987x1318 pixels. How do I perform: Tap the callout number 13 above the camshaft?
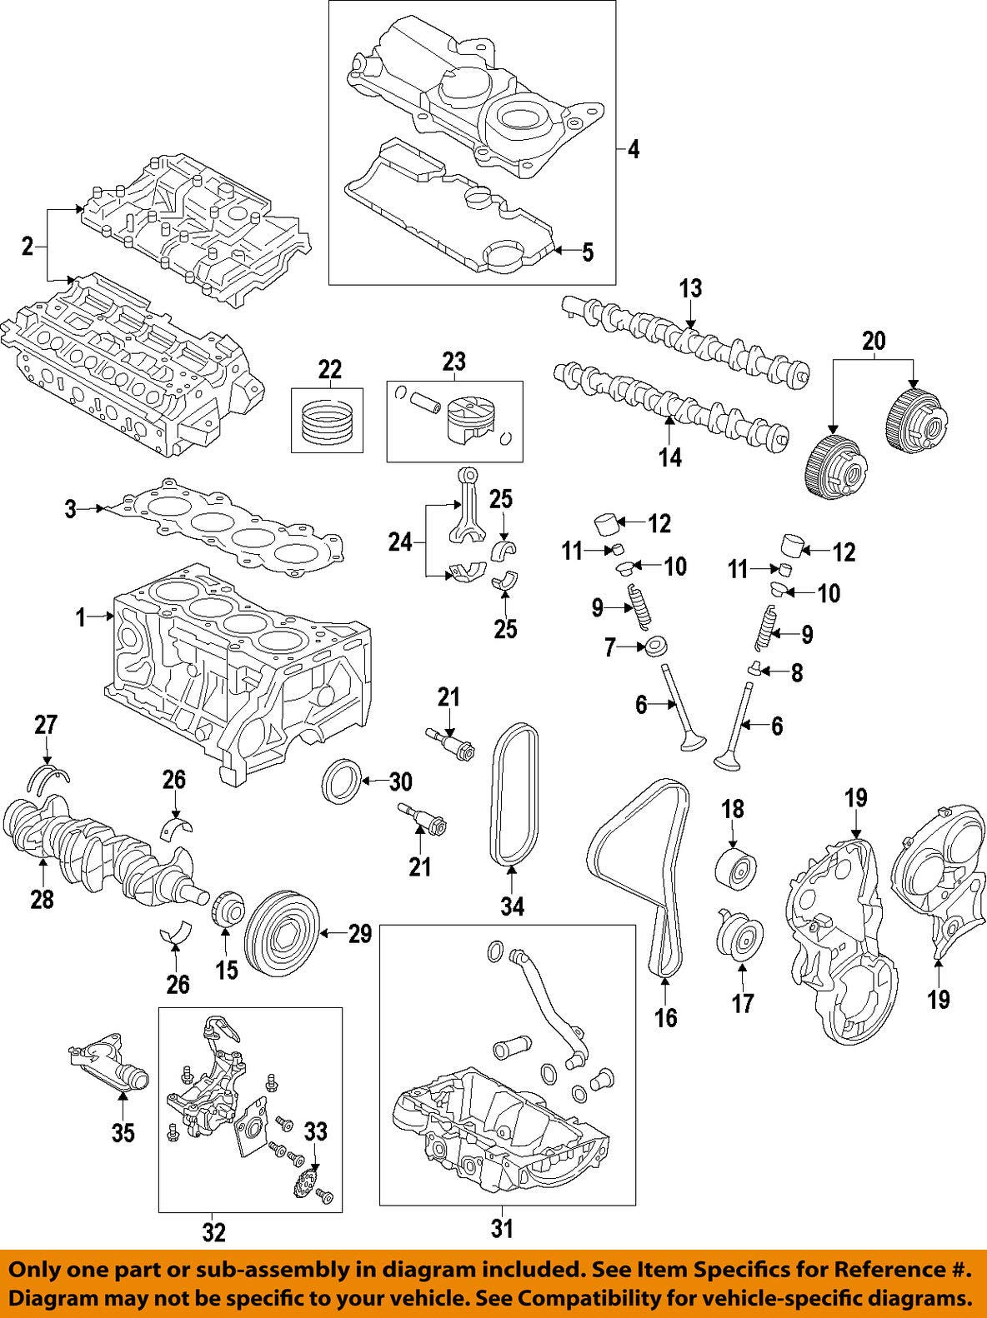point(691,289)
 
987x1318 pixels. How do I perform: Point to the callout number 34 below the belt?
point(513,906)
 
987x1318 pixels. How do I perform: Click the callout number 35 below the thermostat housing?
point(123,1133)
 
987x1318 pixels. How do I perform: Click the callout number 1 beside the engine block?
point(81,617)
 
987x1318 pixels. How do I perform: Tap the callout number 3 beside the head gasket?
point(71,508)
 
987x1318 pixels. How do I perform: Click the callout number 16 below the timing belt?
point(666,1017)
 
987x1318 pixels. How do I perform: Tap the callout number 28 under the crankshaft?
point(43,898)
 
